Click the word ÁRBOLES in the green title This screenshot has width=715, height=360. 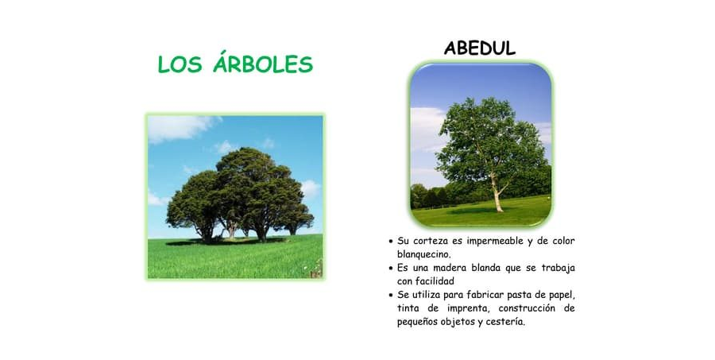pyautogui.click(x=263, y=65)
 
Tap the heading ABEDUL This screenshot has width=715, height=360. pyautogui.click(x=480, y=48)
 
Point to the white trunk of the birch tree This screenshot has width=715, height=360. pyautogui.click(x=498, y=195)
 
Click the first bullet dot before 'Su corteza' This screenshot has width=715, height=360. pyautogui.click(x=390, y=241)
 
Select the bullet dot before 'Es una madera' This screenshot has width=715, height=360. pyautogui.click(x=390, y=268)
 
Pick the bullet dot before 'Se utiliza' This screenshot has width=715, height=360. pyautogui.click(x=390, y=295)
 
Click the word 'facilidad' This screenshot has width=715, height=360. pyautogui.click(x=433, y=281)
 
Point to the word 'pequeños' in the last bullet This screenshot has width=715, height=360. pyautogui.click(x=422, y=322)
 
